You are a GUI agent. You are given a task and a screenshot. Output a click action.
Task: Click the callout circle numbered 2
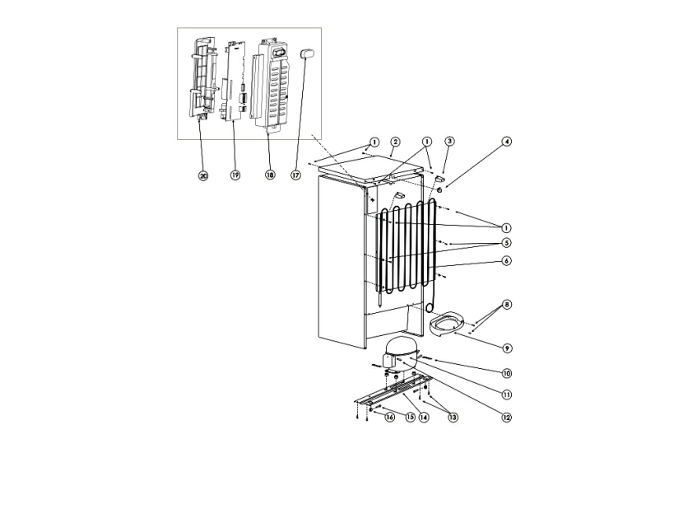pyautogui.click(x=395, y=142)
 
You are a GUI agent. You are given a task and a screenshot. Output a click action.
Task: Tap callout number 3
pyautogui.click(x=449, y=142)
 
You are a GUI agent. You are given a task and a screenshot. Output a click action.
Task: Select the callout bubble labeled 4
pyautogui.click(x=507, y=142)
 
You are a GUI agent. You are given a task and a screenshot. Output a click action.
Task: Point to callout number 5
pyautogui.click(x=507, y=243)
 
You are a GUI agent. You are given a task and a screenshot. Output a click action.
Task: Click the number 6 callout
pyautogui.click(x=507, y=261)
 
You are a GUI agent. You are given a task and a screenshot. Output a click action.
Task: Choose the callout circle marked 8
pyautogui.click(x=507, y=305)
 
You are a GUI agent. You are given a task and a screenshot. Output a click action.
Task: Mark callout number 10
pyautogui.click(x=507, y=372)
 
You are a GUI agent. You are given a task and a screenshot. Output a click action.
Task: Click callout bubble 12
pyautogui.click(x=507, y=418)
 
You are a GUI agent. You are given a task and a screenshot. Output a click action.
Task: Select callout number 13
pyautogui.click(x=453, y=418)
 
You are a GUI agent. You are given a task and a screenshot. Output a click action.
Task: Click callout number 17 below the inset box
pyautogui.click(x=296, y=175)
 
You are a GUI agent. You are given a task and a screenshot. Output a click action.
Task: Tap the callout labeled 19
pyautogui.click(x=235, y=175)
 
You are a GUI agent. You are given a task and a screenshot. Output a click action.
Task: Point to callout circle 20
pyautogui.click(x=203, y=175)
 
